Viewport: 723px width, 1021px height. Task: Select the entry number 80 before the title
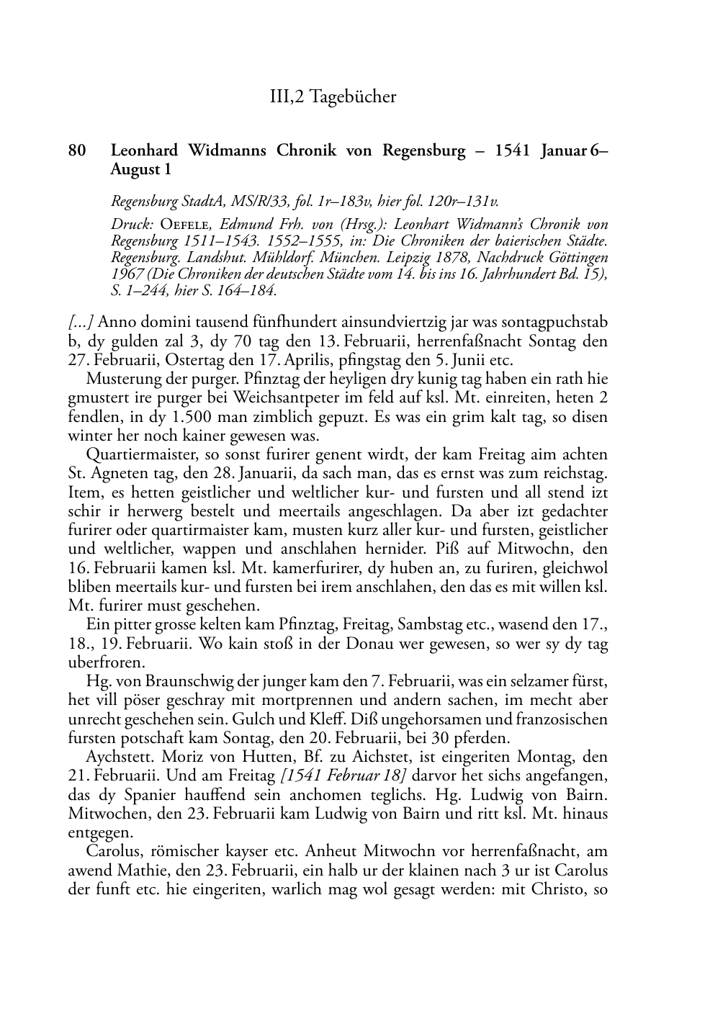click(x=77, y=150)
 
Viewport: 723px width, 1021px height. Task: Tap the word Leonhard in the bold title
click(x=145, y=150)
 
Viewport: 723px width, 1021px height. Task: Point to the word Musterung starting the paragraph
click(x=118, y=379)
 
